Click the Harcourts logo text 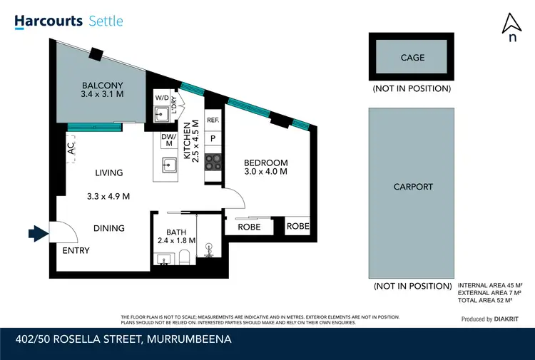tap(49, 21)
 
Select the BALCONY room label tap(102, 85)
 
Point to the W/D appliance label tap(161, 98)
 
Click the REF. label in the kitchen tap(213, 120)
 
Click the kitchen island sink tap(169, 165)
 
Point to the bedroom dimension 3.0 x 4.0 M tap(265, 171)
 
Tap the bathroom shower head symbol tap(209, 250)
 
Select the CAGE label tap(412, 58)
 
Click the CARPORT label tap(413, 187)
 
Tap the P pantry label tap(213, 138)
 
